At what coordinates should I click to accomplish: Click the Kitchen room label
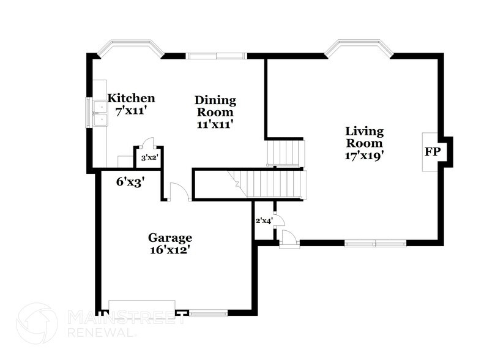(131, 98)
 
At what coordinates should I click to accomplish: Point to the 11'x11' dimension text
(215, 124)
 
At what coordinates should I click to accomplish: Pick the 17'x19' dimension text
(364, 155)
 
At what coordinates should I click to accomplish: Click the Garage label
(170, 238)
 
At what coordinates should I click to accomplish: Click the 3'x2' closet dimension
(149, 158)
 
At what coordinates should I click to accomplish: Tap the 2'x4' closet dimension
(263, 220)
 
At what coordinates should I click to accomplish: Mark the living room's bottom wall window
(375, 243)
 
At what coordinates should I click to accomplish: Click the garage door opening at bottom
(142, 307)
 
